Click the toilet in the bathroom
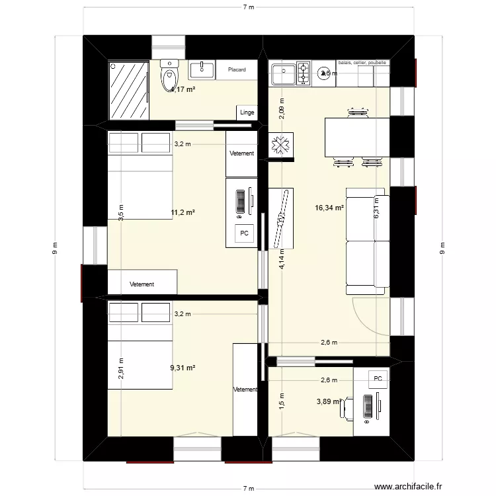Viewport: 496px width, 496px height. point(169,75)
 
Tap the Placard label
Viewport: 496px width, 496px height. point(237,69)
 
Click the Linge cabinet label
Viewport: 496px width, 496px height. point(247,112)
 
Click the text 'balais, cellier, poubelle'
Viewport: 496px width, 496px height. point(362,63)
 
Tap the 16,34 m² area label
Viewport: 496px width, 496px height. point(329,208)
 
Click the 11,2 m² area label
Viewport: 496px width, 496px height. point(183,213)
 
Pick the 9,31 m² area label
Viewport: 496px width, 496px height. point(183,368)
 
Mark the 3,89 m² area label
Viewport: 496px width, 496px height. point(329,401)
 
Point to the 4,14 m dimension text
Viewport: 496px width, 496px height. point(282,259)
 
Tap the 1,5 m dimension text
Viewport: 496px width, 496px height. point(282,400)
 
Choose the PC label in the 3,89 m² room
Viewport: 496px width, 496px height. point(378,379)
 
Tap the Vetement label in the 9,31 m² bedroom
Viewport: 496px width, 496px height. point(245,390)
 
